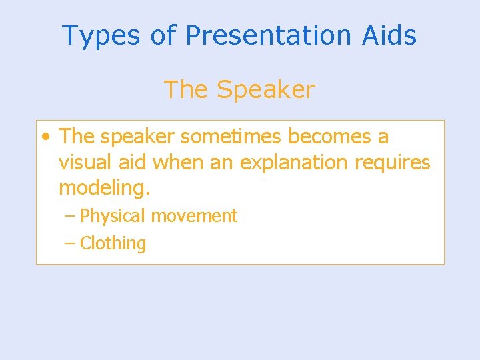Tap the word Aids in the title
[x=389, y=35]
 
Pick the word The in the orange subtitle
[x=186, y=90]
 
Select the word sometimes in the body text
[x=231, y=137]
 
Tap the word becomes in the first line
[x=330, y=137]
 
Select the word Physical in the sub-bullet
[x=113, y=217]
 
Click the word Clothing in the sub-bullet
[x=113, y=244]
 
